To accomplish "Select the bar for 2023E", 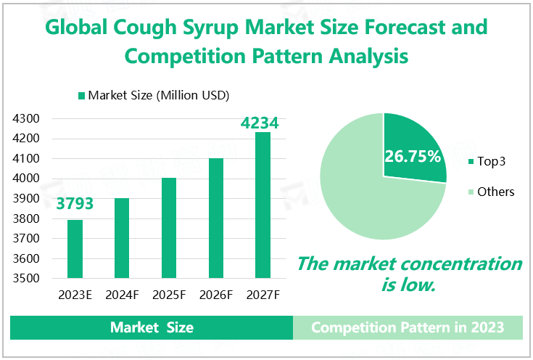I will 75,249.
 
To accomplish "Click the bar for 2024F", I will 122,238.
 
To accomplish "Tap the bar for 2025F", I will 169,228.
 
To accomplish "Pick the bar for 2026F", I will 216,218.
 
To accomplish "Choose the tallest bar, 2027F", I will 263,205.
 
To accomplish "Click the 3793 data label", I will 75,203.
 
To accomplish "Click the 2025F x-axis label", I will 169,296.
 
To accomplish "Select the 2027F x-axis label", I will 263,296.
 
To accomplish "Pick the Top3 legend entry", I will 491,161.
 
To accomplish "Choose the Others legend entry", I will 495,192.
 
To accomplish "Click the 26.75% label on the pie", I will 413,155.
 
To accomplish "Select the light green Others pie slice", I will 363,196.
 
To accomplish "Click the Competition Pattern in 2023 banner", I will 408,327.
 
